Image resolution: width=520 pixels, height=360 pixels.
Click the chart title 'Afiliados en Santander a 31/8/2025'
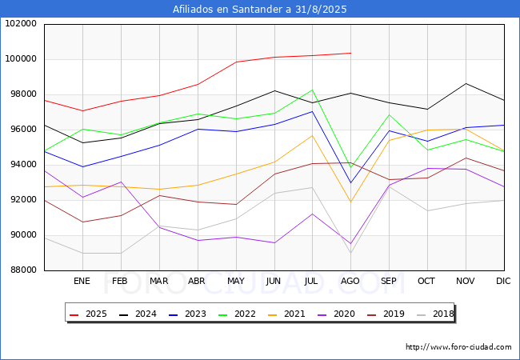click(260, 10)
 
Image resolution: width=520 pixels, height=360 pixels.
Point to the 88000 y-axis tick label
click(22, 270)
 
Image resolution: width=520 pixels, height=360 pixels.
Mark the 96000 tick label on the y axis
click(22, 130)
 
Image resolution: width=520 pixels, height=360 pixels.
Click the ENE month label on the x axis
click(82, 281)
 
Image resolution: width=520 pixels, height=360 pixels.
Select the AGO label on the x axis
click(350, 281)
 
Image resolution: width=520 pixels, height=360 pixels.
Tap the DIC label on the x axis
click(503, 281)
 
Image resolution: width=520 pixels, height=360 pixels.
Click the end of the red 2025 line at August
click(350, 53)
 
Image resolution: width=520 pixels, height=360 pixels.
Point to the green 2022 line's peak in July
click(312, 90)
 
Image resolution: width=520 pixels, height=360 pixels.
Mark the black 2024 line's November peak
click(466, 83)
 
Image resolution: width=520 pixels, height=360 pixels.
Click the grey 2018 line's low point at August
click(350, 253)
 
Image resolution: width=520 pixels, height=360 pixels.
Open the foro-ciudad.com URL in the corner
click(458, 347)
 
